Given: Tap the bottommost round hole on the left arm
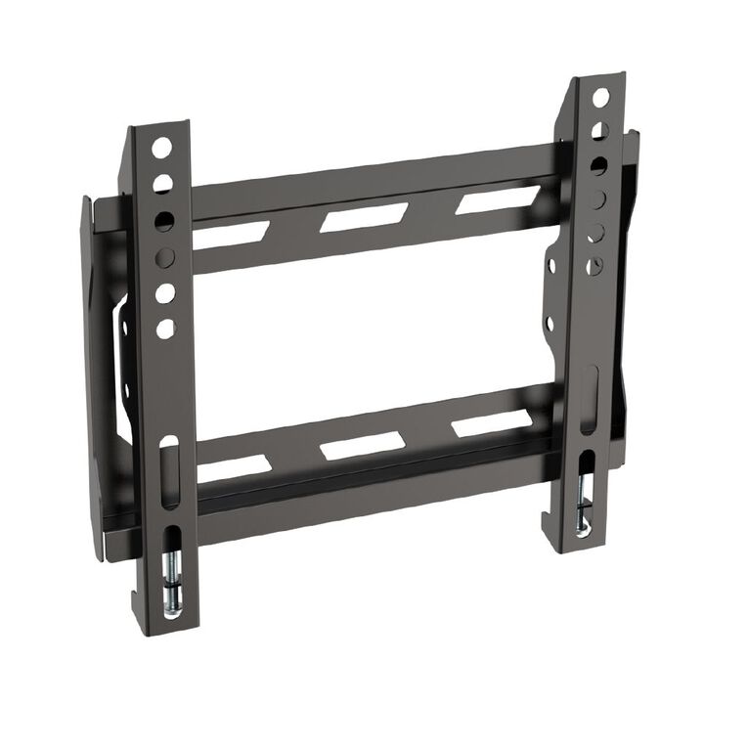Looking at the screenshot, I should coord(166,329).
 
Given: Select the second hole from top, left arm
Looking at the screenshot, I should coord(162,183).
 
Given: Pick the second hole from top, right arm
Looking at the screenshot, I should coord(599,130).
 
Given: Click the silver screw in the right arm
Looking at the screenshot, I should coord(584,512).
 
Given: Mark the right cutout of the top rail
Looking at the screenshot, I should coord(485,200).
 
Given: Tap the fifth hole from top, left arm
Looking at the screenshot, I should coord(165,293).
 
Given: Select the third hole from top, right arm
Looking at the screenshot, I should coord(597,164).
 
